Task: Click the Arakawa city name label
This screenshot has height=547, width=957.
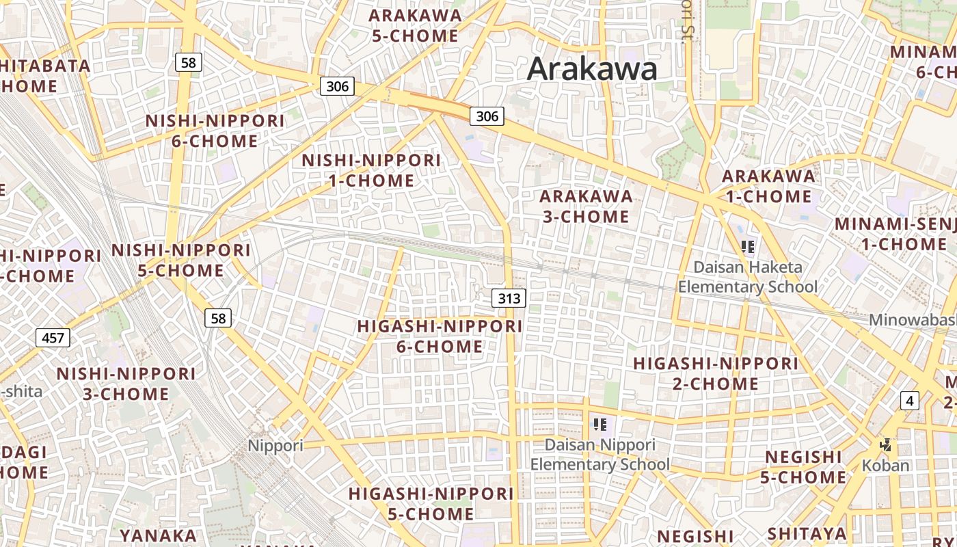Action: pyautogui.click(x=592, y=69)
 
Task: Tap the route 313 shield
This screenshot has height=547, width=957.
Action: pyautogui.click(x=509, y=298)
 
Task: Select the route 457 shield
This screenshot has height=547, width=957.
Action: pyautogui.click(x=53, y=338)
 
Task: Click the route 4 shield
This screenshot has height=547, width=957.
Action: pyautogui.click(x=909, y=401)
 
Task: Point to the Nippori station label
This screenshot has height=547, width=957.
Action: pyautogui.click(x=275, y=446)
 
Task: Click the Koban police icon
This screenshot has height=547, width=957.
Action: pyautogui.click(x=886, y=446)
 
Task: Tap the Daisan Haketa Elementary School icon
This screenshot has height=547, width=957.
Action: pyautogui.click(x=748, y=246)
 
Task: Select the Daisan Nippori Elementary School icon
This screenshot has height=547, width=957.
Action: pyautogui.click(x=600, y=425)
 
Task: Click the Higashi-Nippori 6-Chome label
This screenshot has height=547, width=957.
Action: pyautogui.click(x=440, y=336)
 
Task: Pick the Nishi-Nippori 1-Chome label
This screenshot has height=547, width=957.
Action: pyautogui.click(x=371, y=170)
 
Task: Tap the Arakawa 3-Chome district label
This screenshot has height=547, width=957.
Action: pyautogui.click(x=586, y=206)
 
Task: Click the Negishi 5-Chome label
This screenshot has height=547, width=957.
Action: pyautogui.click(x=803, y=467)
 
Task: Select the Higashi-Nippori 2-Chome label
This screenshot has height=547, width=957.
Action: pyautogui.click(x=716, y=373)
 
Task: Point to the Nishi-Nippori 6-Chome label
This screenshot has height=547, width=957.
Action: pyautogui.click(x=215, y=131)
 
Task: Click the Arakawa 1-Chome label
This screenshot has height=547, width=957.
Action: pyautogui.click(x=768, y=186)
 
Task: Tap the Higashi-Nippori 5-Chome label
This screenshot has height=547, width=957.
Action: pyautogui.click(x=431, y=503)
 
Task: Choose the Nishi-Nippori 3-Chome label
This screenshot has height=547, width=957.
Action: pyautogui.click(x=126, y=384)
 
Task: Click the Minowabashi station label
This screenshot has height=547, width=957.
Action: pyautogui.click(x=913, y=320)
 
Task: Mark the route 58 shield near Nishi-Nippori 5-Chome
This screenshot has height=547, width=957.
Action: pyautogui.click(x=218, y=318)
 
